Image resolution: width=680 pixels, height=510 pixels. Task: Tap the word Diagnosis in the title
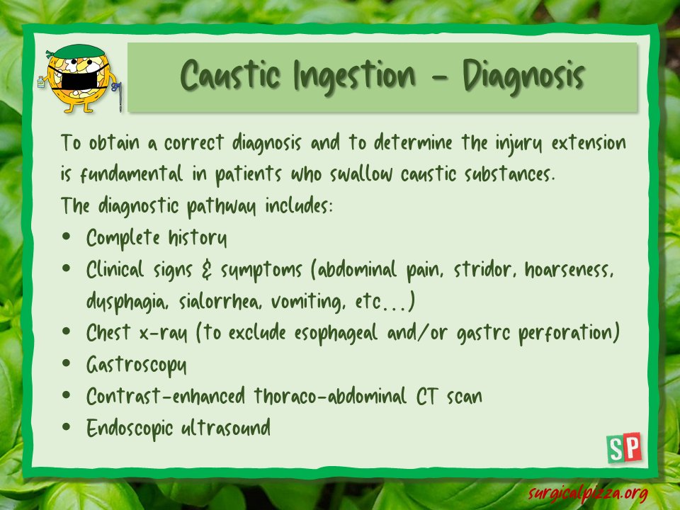[x=524, y=76]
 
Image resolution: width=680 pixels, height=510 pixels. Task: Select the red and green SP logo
[x=624, y=448]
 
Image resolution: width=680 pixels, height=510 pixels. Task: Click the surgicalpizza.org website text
[x=588, y=491]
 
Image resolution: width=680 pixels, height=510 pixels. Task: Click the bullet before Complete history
[x=66, y=238]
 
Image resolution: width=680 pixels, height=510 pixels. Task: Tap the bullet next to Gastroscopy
[x=66, y=364]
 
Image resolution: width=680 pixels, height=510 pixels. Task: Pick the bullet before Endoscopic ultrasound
[x=66, y=427]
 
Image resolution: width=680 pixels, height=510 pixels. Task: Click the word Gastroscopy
[x=137, y=365]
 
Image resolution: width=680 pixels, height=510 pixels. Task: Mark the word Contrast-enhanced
[x=167, y=396]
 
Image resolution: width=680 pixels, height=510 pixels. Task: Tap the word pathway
[x=225, y=207]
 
